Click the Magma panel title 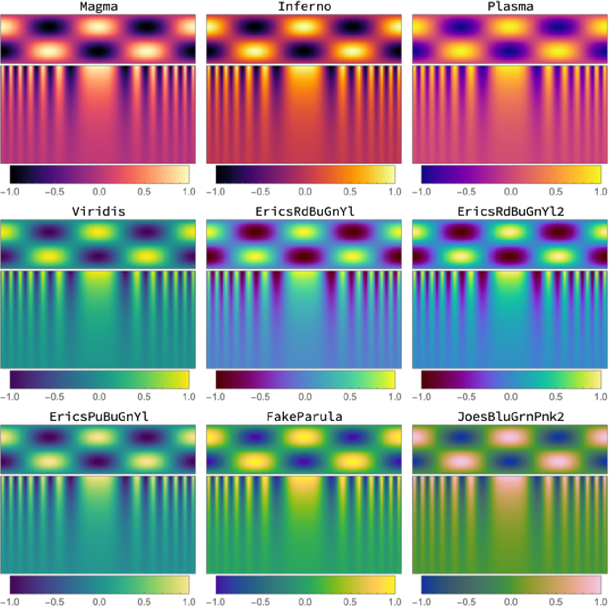pos(99,7)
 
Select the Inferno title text pos(304,7)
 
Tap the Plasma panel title pos(510,7)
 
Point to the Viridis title pos(99,212)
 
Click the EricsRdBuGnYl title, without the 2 pos(304,212)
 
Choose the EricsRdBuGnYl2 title pos(510,212)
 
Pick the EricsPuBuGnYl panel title pos(99,417)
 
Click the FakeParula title pos(304,417)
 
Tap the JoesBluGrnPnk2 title pos(510,417)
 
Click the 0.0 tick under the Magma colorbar pos(99,192)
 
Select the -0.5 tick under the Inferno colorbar pos(260,192)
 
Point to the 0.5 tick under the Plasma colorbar pos(556,192)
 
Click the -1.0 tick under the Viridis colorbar pos(9,397)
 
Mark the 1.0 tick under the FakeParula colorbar pos(395,602)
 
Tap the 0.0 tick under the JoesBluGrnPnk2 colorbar pos(511,602)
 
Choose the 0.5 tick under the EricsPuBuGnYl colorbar pos(144,602)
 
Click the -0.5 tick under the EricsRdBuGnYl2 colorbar pos(466,397)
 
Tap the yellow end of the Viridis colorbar pos(185,380)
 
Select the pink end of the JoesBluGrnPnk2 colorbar pos(596,584)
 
